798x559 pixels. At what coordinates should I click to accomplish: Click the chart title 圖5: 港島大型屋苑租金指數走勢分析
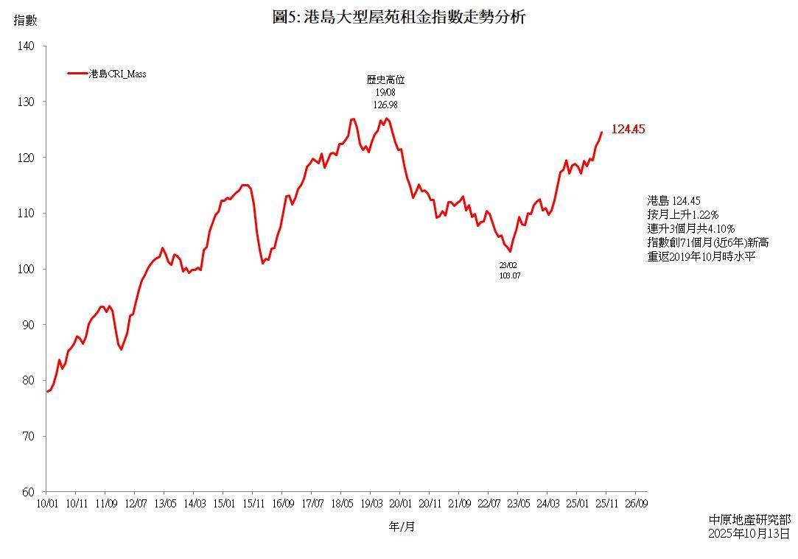(399, 17)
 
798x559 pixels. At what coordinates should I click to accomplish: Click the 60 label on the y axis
(28, 492)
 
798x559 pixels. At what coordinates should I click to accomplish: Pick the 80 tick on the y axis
(28, 381)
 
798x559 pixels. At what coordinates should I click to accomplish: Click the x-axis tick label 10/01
(47, 504)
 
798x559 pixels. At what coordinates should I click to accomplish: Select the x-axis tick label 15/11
(253, 504)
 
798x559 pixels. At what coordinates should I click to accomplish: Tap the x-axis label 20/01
(400, 504)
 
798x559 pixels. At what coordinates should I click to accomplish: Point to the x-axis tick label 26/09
(637, 504)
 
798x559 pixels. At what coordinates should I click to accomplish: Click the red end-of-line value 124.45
(628, 130)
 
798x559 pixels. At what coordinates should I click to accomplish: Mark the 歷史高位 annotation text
(386, 80)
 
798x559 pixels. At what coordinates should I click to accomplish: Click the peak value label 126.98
(386, 105)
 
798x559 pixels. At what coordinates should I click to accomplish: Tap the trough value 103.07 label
(510, 275)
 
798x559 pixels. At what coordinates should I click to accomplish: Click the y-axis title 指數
(25, 20)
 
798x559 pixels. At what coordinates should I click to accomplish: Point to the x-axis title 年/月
(402, 527)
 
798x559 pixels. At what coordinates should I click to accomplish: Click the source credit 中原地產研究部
(749, 520)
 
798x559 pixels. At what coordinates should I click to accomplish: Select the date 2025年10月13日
(749, 533)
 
